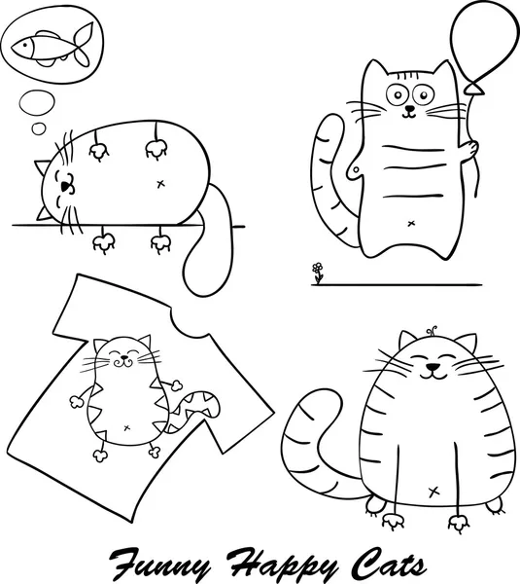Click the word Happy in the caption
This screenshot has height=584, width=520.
click(x=271, y=562)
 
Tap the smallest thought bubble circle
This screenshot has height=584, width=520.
click(x=38, y=128)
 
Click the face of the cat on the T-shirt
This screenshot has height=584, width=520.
click(x=122, y=355)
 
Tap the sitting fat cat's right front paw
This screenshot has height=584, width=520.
click(x=378, y=506)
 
